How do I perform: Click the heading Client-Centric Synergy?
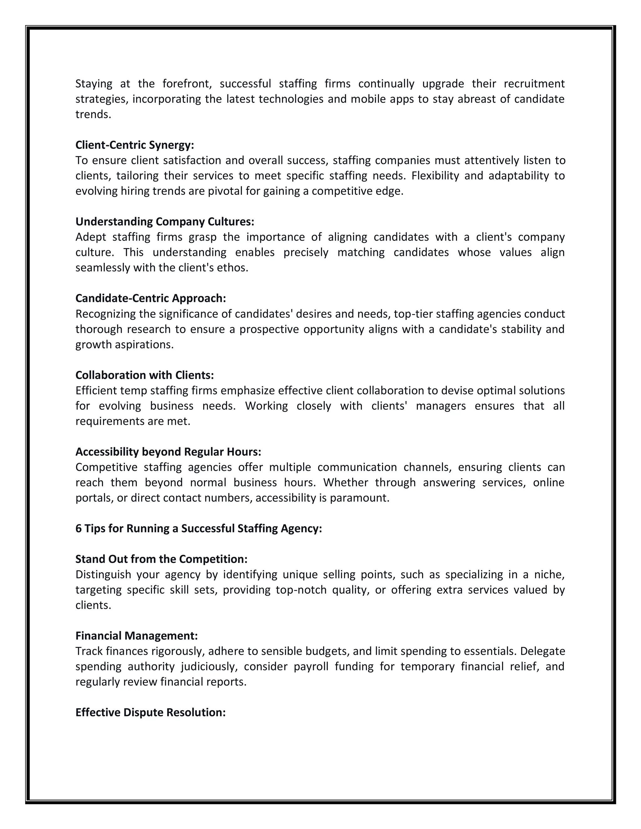[134, 145]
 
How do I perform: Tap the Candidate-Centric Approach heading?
[150, 298]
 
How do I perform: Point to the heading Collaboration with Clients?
[144, 375]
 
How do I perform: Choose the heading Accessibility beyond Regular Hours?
[168, 452]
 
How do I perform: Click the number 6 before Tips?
[78, 528]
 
